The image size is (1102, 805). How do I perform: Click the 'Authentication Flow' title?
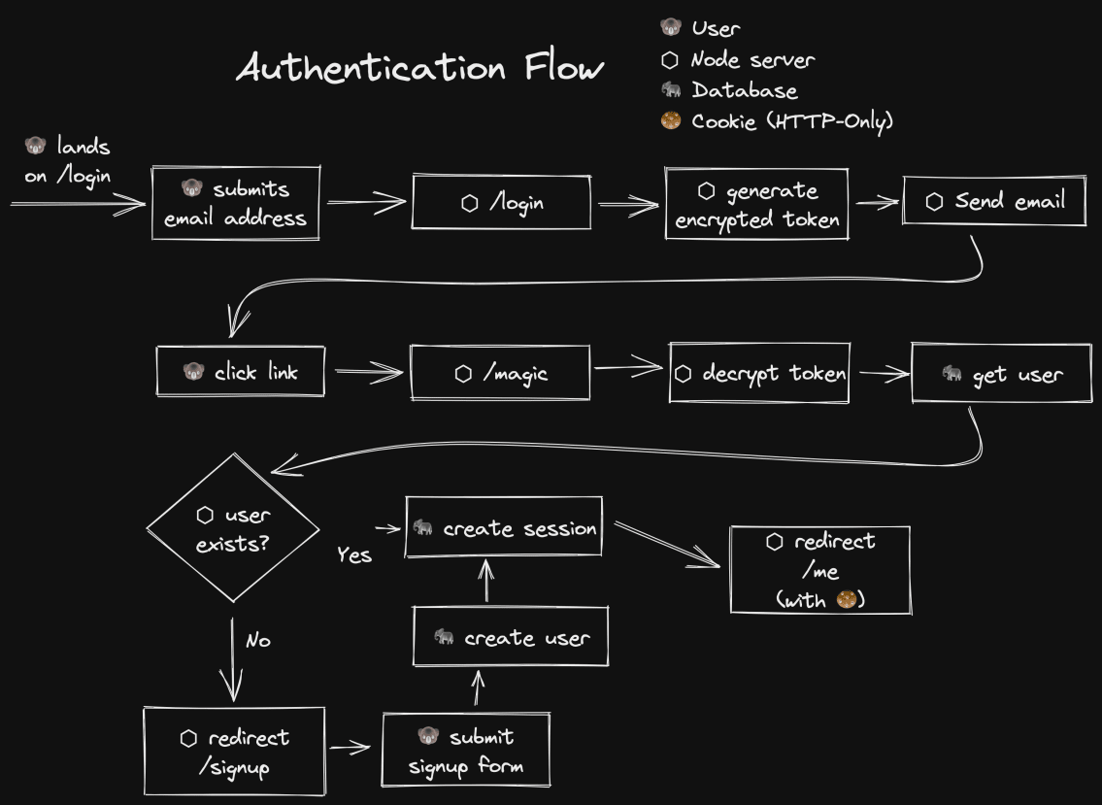click(419, 69)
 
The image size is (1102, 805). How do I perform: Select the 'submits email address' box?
click(236, 203)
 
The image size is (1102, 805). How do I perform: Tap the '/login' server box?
click(501, 202)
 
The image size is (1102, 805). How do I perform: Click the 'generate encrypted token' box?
click(756, 204)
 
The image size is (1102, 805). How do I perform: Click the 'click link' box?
click(240, 372)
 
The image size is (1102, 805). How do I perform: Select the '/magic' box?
click(500, 372)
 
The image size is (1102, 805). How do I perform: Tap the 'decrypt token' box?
click(759, 373)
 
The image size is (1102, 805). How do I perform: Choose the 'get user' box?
click(1002, 373)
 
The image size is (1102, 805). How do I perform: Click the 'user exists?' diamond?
click(233, 528)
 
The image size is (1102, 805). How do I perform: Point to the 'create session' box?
click(504, 527)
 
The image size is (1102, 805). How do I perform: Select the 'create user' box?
click(511, 637)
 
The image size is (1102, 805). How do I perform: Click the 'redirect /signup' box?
click(234, 752)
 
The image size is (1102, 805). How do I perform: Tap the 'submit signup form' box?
click(466, 751)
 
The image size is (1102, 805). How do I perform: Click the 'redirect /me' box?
click(820, 570)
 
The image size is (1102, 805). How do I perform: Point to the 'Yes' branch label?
click(354, 555)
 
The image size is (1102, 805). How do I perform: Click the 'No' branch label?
click(257, 641)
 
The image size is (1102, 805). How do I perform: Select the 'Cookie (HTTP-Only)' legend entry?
click(777, 121)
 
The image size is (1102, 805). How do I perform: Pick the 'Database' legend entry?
click(730, 90)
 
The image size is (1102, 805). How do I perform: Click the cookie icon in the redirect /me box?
click(846, 600)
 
